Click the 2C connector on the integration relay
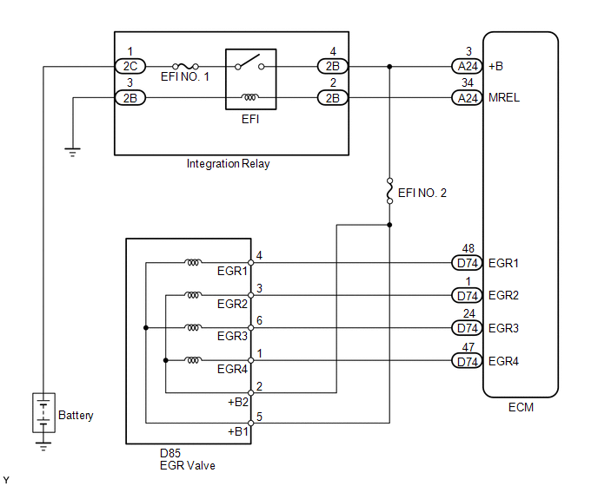click(x=130, y=66)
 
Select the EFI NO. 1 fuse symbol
click(x=185, y=66)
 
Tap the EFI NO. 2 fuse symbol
click(x=389, y=190)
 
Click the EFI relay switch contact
click(x=249, y=62)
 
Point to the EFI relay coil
click(x=249, y=97)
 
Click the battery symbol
click(x=43, y=413)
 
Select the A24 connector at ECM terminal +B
click(x=468, y=66)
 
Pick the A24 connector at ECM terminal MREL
click(x=468, y=98)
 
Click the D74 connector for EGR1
click(x=468, y=263)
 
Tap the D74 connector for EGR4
click(x=468, y=361)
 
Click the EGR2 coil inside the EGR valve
click(x=193, y=295)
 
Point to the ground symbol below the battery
click(x=43, y=446)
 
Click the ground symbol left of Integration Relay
click(x=72, y=152)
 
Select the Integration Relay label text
click(x=228, y=164)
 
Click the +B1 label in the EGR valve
click(x=238, y=431)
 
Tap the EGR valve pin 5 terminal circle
click(x=250, y=424)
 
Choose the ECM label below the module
click(x=521, y=407)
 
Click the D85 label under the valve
click(x=170, y=453)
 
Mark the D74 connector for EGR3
click(x=468, y=328)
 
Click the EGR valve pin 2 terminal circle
click(x=250, y=392)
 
